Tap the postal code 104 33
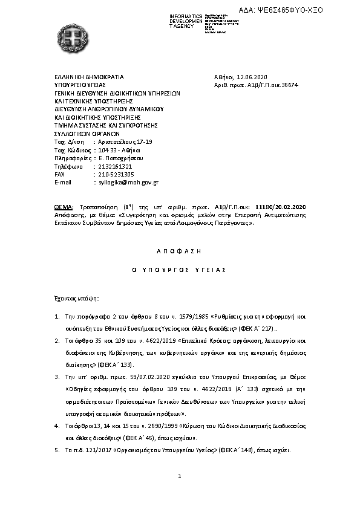[x=106, y=149]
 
